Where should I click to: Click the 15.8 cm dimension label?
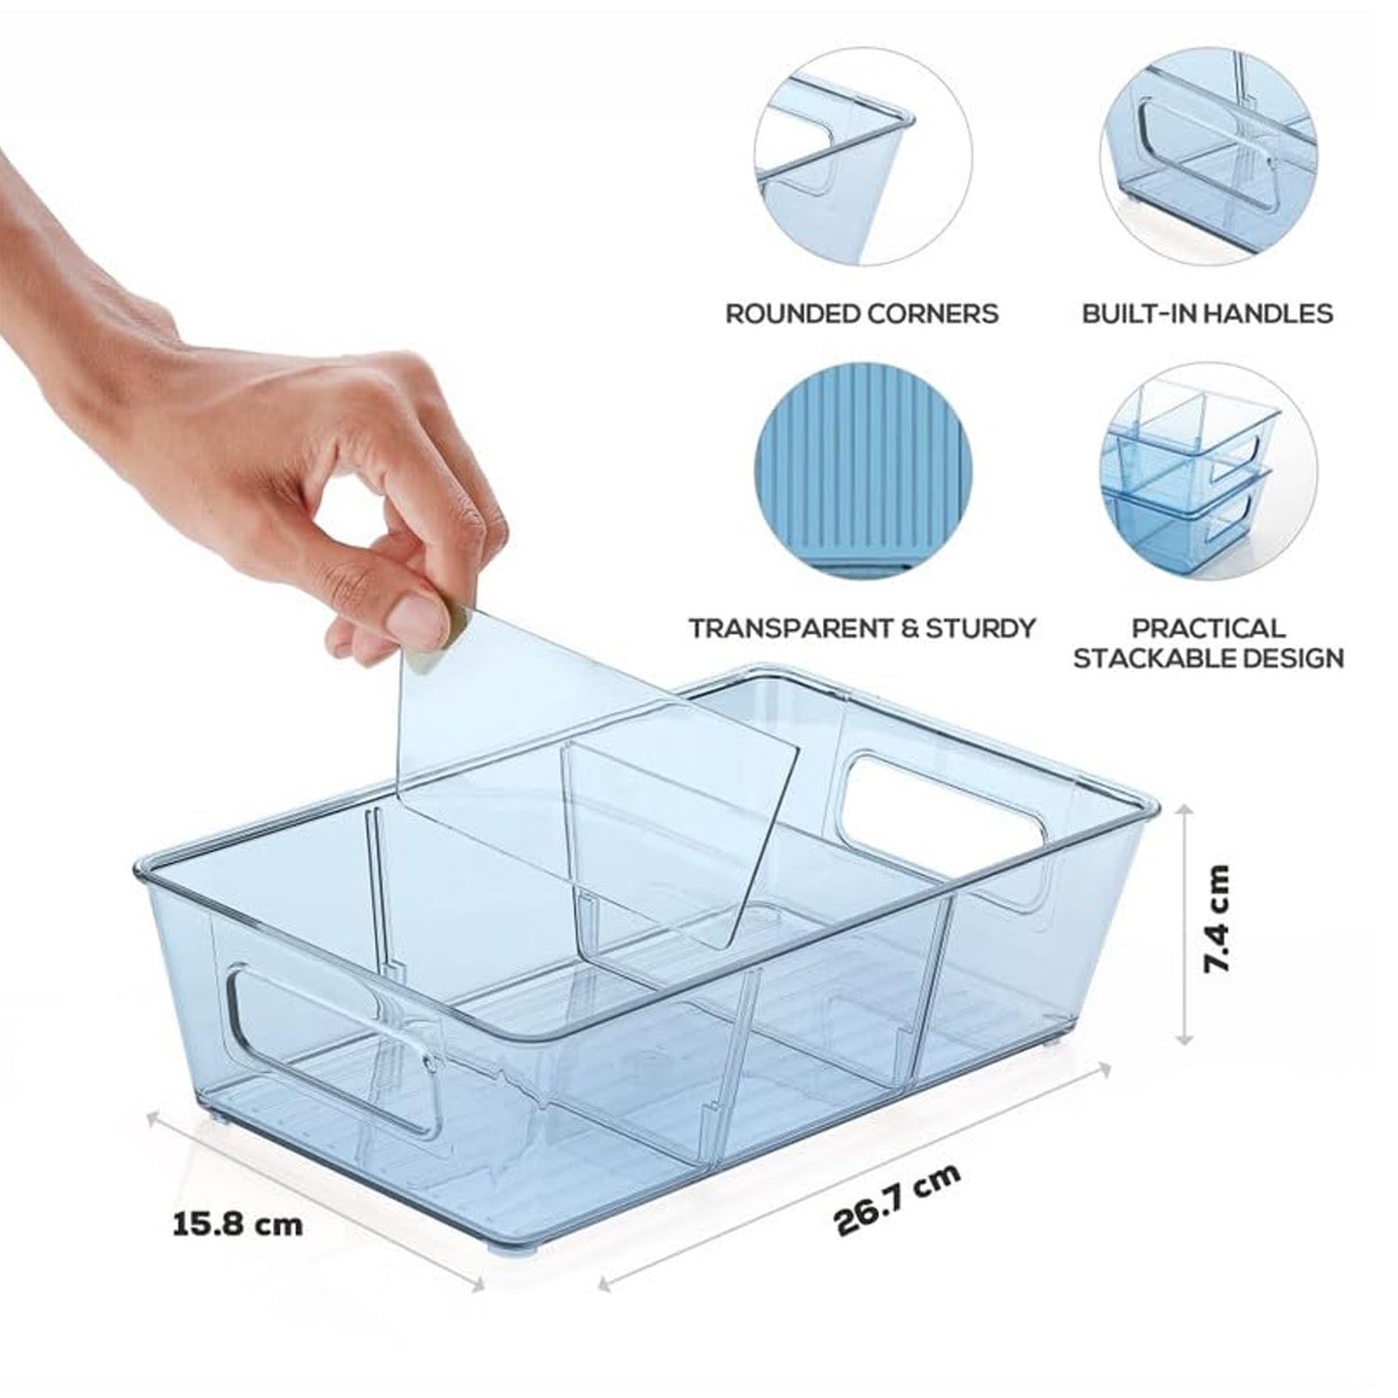[238, 1223]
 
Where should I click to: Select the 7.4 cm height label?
[1217, 919]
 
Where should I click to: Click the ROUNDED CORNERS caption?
[862, 313]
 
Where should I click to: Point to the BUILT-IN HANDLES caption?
[1207, 313]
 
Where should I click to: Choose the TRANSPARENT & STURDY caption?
[862, 628]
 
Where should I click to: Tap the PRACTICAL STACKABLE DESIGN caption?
[1208, 643]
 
